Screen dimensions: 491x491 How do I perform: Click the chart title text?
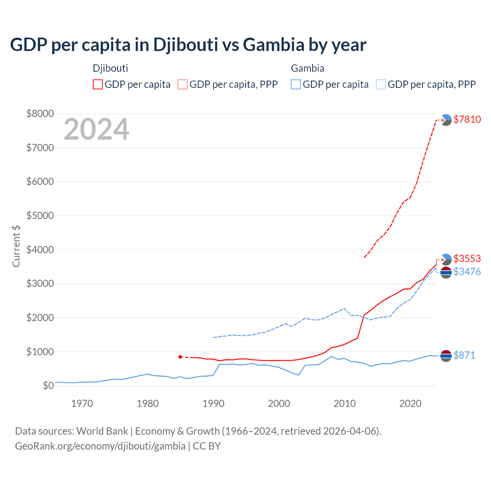pyautogui.click(x=188, y=45)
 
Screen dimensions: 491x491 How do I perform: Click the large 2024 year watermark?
pyautogui.click(x=96, y=130)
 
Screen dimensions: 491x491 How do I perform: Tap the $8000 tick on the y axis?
pyautogui.click(x=40, y=114)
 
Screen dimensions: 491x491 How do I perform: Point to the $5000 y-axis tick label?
pyautogui.click(x=40, y=216)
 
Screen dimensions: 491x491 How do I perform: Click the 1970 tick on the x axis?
pyautogui.click(x=82, y=404)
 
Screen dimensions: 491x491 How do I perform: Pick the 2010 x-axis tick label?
pyautogui.click(x=344, y=404)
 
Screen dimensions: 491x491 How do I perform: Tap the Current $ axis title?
pyautogui.click(x=16, y=246)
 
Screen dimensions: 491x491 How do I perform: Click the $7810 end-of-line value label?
pyautogui.click(x=467, y=119)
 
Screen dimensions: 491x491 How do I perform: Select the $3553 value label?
pyautogui.click(x=467, y=259)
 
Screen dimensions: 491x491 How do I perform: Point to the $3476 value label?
pyautogui.click(x=467, y=272)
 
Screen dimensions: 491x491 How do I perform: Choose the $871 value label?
pyautogui.click(x=464, y=355)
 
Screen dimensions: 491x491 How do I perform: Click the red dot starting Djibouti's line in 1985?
pyautogui.click(x=180, y=357)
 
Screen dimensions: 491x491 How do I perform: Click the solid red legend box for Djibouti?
pyautogui.click(x=98, y=84)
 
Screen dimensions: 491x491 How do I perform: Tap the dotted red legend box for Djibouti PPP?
pyautogui.click(x=183, y=84)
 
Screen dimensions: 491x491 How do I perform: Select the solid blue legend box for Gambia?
pyautogui.click(x=296, y=84)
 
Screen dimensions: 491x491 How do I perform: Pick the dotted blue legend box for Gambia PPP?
pyautogui.click(x=381, y=84)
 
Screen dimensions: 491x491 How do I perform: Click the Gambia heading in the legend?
pyautogui.click(x=308, y=68)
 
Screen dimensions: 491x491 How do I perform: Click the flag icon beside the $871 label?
pyautogui.click(x=446, y=356)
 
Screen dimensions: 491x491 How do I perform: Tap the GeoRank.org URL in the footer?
pyautogui.click(x=100, y=446)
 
